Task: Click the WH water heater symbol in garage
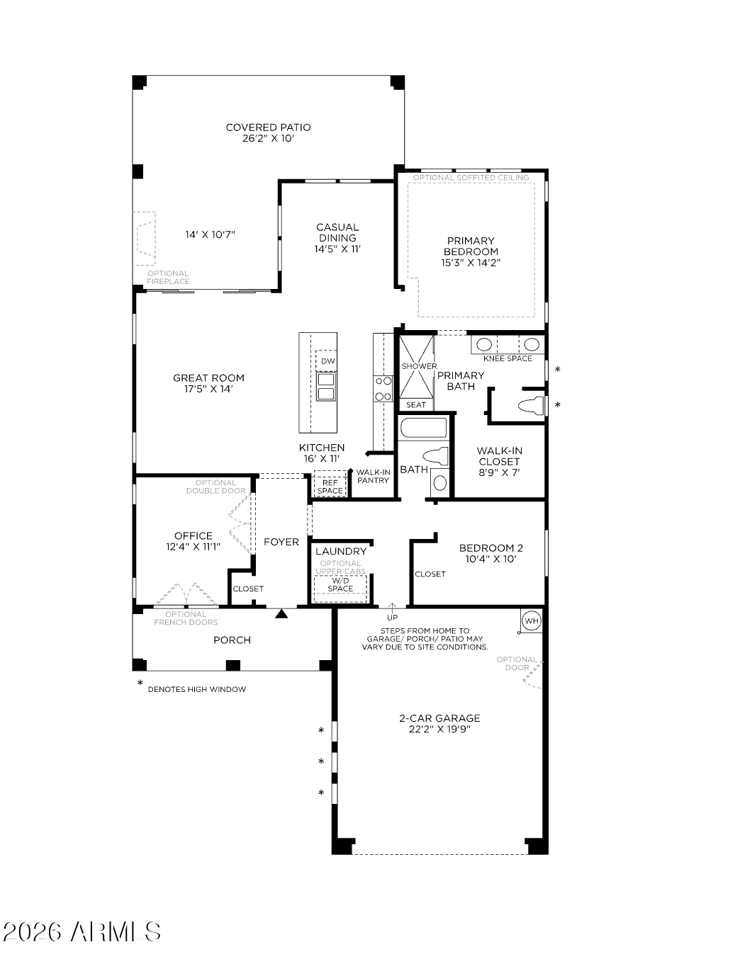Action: pos(532,620)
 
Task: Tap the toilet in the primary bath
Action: pos(532,405)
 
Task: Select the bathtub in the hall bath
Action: pos(422,429)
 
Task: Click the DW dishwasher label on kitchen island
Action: pos(327,361)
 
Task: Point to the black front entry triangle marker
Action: pos(281,613)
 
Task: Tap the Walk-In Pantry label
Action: pos(373,476)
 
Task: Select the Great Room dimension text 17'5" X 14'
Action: pos(208,389)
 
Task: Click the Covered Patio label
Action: pos(268,127)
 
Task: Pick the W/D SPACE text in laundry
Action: pos(340,585)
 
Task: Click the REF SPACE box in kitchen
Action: pos(330,483)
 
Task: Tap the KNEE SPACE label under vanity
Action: pos(508,358)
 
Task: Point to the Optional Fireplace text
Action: pos(168,278)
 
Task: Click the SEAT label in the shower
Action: pos(415,404)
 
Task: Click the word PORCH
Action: pos(232,640)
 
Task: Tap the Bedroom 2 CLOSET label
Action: pos(430,574)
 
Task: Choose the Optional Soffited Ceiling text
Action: pos(471,178)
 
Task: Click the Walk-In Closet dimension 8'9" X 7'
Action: pos(499,472)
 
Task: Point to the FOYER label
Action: pos(281,542)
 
